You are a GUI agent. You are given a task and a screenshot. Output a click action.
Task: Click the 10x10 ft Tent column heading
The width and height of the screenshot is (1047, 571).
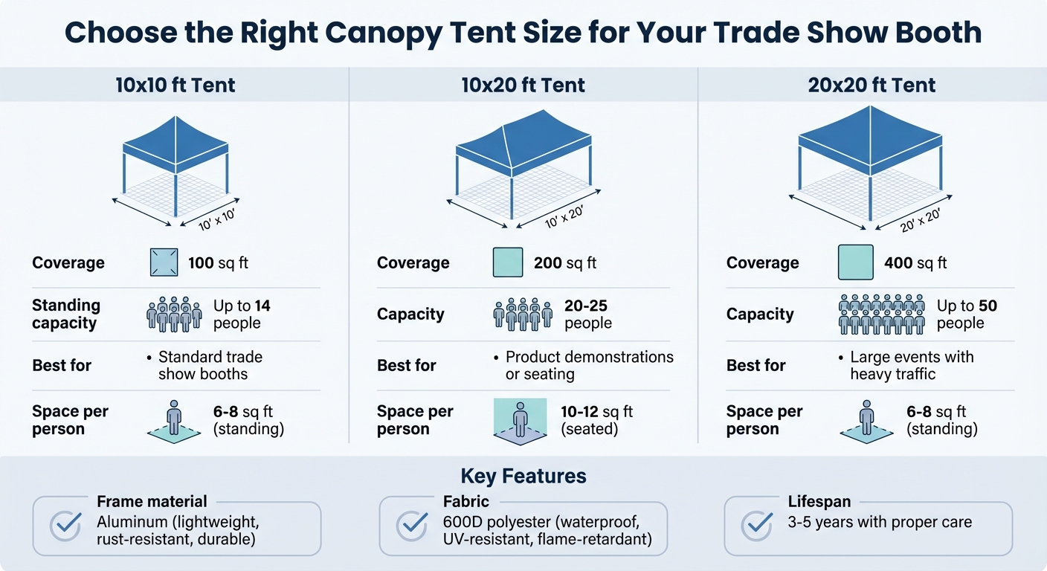point(175,85)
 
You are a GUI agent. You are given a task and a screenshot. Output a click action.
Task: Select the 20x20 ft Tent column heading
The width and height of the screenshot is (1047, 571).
point(872,85)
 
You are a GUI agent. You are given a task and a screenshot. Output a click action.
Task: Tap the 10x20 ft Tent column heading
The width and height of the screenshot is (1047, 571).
point(523,85)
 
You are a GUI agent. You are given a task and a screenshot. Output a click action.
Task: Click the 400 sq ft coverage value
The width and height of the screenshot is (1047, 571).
point(915,262)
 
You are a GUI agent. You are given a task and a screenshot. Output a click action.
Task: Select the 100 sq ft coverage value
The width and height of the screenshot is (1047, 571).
point(219,262)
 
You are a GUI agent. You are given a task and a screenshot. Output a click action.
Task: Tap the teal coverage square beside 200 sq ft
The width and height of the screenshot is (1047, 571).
point(508,262)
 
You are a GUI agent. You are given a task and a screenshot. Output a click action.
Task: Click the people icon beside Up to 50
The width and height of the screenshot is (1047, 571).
point(881,314)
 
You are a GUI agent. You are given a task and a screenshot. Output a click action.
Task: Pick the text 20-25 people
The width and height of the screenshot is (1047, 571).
point(588,314)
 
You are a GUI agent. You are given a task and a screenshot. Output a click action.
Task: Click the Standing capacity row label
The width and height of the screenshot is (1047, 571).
point(65,314)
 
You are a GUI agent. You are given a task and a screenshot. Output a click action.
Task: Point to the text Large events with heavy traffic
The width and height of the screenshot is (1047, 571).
point(912,365)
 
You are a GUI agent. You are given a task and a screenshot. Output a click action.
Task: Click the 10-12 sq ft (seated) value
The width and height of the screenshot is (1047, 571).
point(597,420)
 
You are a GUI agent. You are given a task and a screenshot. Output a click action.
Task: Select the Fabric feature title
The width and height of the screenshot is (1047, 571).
point(466,502)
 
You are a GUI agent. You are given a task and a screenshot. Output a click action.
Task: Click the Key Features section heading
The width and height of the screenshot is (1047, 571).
point(523,477)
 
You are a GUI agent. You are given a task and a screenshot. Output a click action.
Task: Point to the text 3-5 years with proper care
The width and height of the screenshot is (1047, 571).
point(880,522)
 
